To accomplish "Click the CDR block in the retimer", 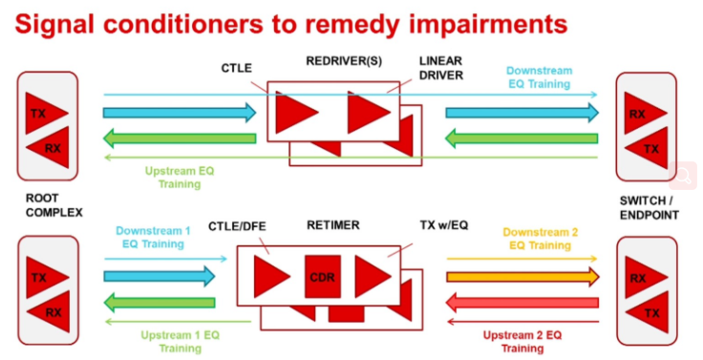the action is click(x=322, y=277).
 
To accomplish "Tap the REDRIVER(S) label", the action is click(x=344, y=61).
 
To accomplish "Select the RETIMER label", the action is click(x=333, y=225).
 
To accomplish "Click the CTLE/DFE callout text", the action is click(x=237, y=226).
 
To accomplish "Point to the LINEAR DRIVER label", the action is click(x=440, y=68).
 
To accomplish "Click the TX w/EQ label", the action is click(x=444, y=225).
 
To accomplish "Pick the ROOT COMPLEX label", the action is click(x=53, y=205).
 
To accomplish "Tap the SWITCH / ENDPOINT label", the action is click(x=650, y=208).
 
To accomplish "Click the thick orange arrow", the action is click(x=522, y=277).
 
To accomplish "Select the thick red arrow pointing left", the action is click(x=522, y=303).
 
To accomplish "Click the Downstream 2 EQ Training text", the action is click(x=540, y=239).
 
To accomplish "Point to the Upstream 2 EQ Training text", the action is click(x=522, y=342).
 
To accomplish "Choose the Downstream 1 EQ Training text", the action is click(x=153, y=237).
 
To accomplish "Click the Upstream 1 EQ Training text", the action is click(x=181, y=342).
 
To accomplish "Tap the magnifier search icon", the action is click(x=683, y=176).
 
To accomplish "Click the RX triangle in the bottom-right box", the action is click(x=646, y=278).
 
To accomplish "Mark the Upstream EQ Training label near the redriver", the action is click(x=180, y=178).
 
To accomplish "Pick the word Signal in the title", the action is click(x=54, y=26).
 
